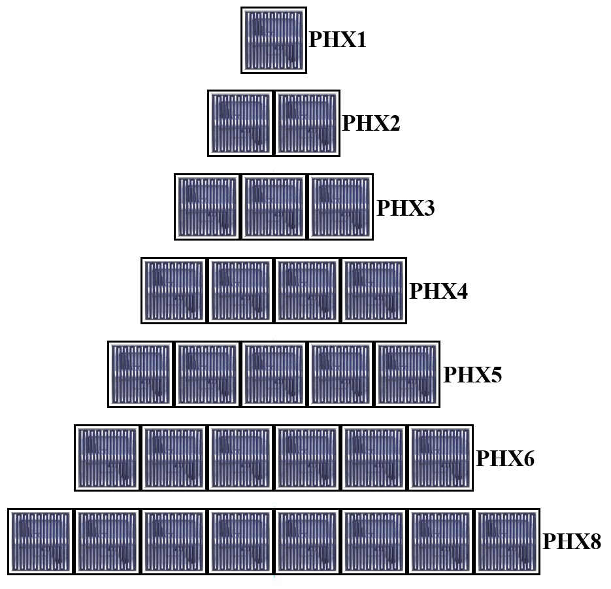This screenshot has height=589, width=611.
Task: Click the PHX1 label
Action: click(337, 41)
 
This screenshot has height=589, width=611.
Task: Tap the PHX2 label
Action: click(371, 123)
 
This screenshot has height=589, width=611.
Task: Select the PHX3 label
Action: click(405, 208)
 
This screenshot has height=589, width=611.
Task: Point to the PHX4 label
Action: click(438, 291)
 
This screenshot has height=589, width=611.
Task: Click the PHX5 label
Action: click(472, 375)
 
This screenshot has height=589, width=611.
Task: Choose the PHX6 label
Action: click(505, 458)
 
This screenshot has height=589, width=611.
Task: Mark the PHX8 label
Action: click(572, 541)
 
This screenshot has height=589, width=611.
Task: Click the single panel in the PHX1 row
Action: click(273, 40)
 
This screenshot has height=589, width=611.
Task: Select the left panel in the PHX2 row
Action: click(240, 123)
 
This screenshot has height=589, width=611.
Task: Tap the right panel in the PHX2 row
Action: click(307, 123)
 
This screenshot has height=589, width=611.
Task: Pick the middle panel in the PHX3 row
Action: click(274, 207)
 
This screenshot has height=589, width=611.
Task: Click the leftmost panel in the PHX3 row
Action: click(207, 207)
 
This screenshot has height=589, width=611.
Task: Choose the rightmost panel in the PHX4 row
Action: click(374, 290)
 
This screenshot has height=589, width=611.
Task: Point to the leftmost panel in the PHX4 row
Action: click(174, 290)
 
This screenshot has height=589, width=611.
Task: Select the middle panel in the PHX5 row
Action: click(274, 374)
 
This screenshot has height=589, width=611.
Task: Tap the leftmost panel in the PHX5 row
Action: click(140, 374)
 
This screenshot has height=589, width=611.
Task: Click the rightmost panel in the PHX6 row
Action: click(440, 458)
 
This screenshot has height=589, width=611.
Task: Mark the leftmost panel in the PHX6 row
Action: click(107, 458)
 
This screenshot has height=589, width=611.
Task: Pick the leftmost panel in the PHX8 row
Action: click(41, 541)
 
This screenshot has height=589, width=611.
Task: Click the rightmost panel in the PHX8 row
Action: click(507, 541)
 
